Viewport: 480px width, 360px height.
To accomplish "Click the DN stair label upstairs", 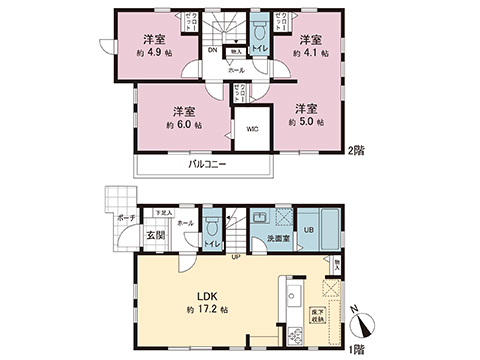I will pos(213,50).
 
